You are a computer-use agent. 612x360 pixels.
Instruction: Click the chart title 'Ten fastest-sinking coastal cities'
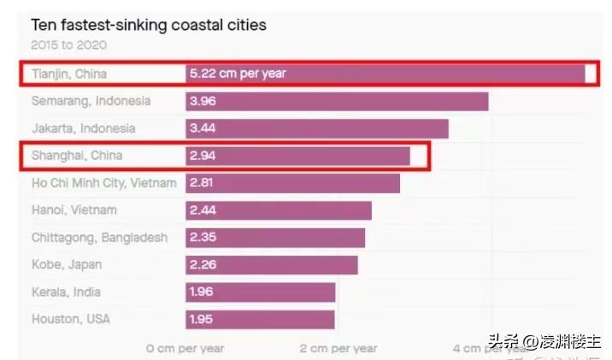pos(149,25)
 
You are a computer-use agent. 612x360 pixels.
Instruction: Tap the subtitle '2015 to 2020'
pos(69,44)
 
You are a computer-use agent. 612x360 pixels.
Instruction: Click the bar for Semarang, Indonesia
pos(337,101)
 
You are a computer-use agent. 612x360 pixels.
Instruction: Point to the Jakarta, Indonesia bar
pos(317,128)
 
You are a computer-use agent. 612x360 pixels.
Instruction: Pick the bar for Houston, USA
pos(260,319)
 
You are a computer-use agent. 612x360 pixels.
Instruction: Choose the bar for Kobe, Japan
pos(272,264)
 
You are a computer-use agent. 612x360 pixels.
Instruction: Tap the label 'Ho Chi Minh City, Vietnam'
pos(104,183)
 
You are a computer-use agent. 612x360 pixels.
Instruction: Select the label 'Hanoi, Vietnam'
pos(74,210)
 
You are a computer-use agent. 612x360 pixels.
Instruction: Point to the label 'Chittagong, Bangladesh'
pos(100,237)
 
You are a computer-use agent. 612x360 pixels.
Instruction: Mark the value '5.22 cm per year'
pos(238,74)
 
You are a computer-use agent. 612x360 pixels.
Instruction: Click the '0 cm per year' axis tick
pos(185,348)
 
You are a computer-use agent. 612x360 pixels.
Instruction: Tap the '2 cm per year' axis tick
pos(338,348)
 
